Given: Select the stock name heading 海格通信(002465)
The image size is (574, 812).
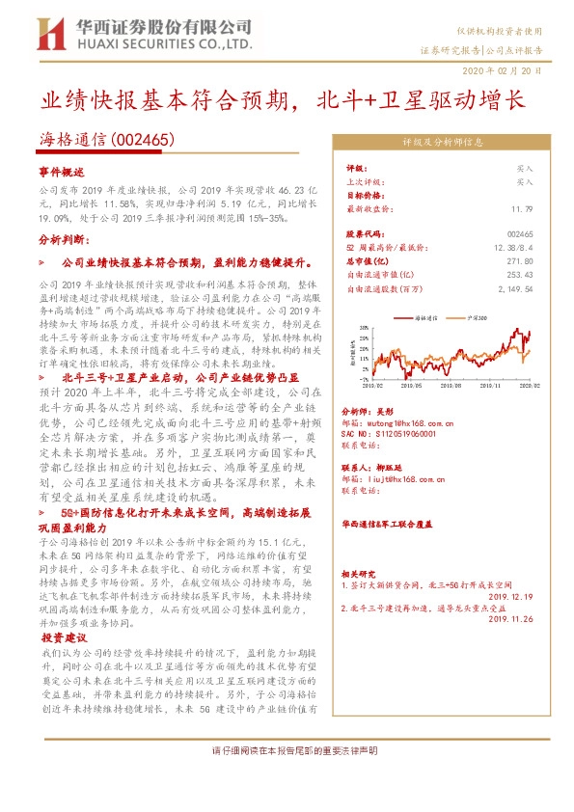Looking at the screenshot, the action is (107, 139).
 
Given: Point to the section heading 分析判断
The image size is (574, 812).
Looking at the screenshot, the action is (62, 236).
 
